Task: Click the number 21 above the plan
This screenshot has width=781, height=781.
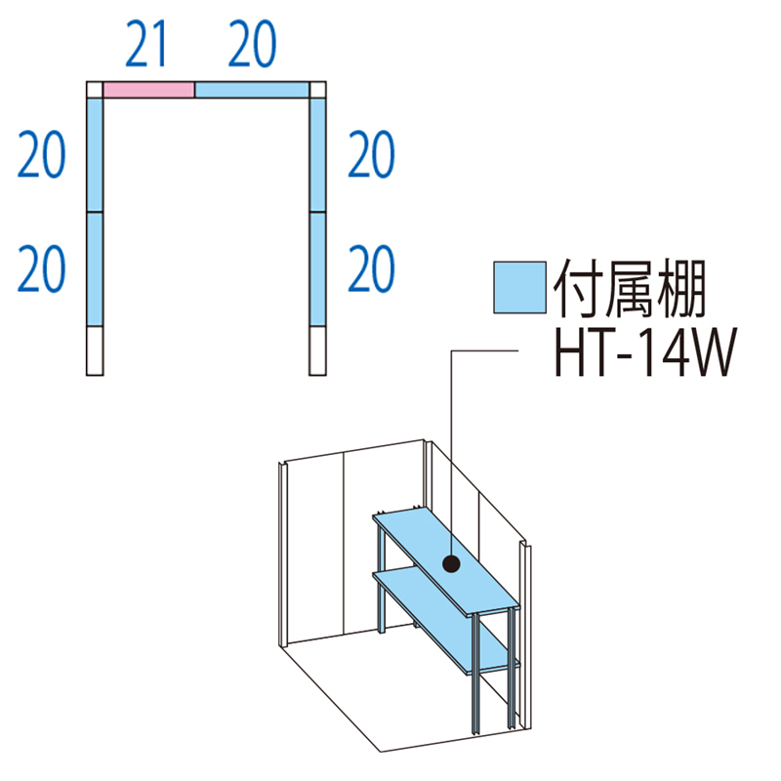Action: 147,45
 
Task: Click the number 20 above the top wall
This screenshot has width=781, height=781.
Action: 252,45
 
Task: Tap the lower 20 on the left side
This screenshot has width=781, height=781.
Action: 42,268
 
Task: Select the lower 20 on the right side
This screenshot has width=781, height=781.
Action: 371,268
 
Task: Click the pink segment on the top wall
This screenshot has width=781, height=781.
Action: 148,90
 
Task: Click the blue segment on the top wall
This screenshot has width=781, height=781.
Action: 252,90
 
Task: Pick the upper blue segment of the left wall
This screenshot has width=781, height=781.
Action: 94,155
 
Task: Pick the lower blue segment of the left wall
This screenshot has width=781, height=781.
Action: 94,268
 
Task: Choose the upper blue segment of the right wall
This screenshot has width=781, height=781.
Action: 317,155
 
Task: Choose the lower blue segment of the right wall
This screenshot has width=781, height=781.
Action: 317,268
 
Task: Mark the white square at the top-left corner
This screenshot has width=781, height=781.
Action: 94,90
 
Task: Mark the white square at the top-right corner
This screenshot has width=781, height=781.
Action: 317,90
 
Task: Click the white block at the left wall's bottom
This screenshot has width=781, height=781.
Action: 94,350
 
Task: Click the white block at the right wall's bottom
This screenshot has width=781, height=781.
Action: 317,350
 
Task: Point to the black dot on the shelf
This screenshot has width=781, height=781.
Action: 451,563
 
